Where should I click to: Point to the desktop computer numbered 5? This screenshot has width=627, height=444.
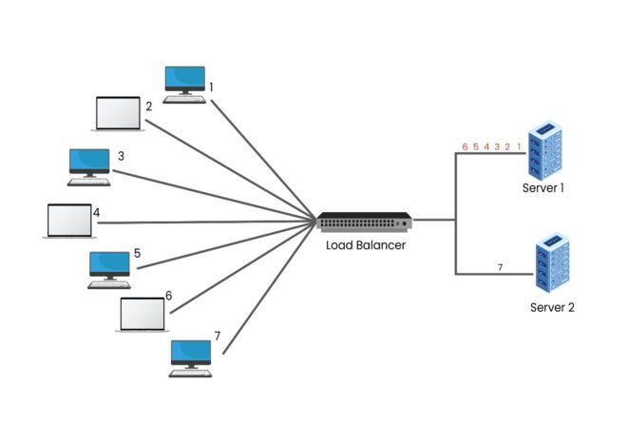109,267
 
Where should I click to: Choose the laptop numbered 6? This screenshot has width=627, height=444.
142,314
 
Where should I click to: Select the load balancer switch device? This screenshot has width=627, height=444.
365,222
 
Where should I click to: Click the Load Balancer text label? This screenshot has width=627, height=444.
366,245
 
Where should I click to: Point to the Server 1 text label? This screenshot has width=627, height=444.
543,188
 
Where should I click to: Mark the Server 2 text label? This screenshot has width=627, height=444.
552,307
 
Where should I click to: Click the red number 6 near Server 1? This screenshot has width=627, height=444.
465,147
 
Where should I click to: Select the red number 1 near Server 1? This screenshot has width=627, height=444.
519,147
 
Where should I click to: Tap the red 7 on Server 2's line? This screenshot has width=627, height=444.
500,266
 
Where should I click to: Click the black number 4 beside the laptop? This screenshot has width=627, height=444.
96,212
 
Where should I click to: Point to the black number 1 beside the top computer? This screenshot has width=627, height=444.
211,87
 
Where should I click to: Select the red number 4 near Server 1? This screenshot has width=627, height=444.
486,147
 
